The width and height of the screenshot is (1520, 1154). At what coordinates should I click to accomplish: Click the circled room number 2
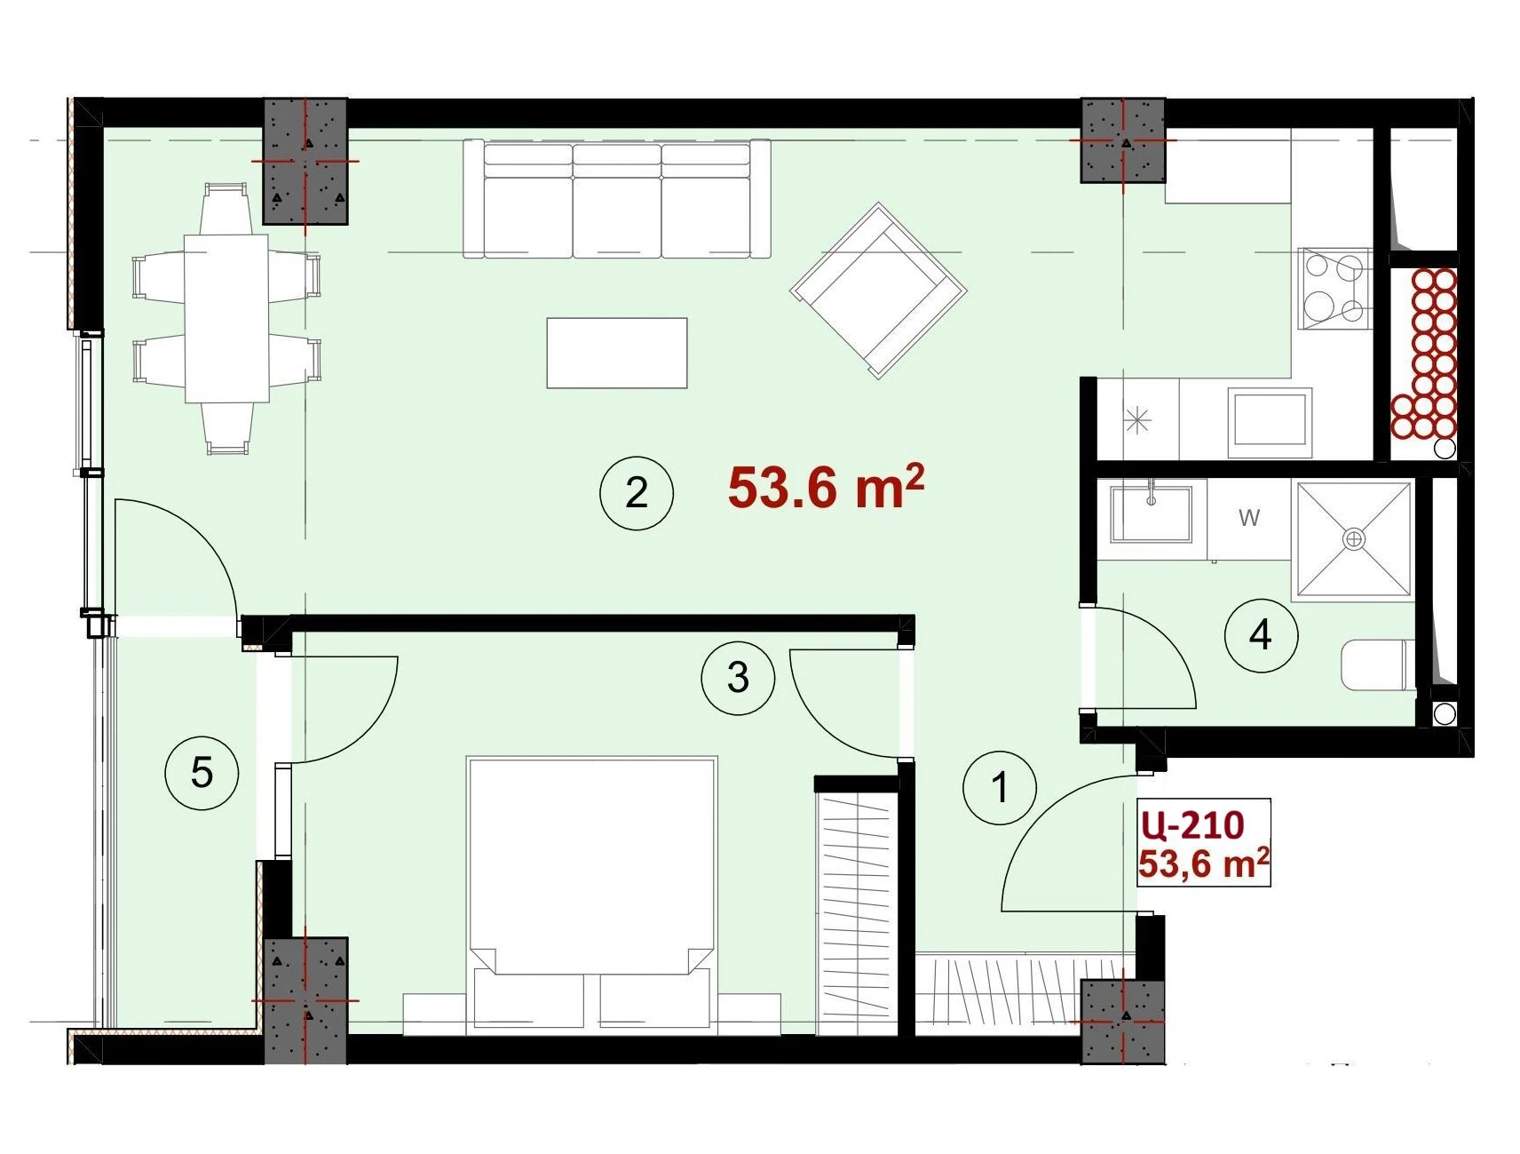point(637,493)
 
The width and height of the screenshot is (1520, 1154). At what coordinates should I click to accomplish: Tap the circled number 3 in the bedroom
point(738,679)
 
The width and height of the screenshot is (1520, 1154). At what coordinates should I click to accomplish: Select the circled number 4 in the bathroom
point(1261,635)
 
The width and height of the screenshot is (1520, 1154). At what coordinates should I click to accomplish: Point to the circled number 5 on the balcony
point(202,773)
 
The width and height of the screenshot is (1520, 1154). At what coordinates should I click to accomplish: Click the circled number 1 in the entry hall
point(1000,787)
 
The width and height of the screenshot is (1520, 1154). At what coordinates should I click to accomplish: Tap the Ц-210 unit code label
point(1192,825)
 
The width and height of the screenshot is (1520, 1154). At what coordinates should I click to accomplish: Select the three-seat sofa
point(617,199)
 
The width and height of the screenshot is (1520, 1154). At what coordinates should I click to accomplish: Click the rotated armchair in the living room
point(878,290)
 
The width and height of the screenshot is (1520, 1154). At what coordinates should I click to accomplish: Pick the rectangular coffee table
point(617,353)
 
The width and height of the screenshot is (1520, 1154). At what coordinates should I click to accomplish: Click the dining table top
point(226,318)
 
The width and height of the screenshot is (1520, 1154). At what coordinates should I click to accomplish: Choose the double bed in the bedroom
point(591,895)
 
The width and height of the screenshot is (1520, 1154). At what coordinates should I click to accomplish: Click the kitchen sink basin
point(1271,422)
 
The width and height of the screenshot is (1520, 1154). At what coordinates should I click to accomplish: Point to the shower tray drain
point(1353,538)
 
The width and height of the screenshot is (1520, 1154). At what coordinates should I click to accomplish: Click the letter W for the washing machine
point(1249,517)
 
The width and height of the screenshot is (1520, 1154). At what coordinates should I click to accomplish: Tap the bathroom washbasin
point(1152,513)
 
